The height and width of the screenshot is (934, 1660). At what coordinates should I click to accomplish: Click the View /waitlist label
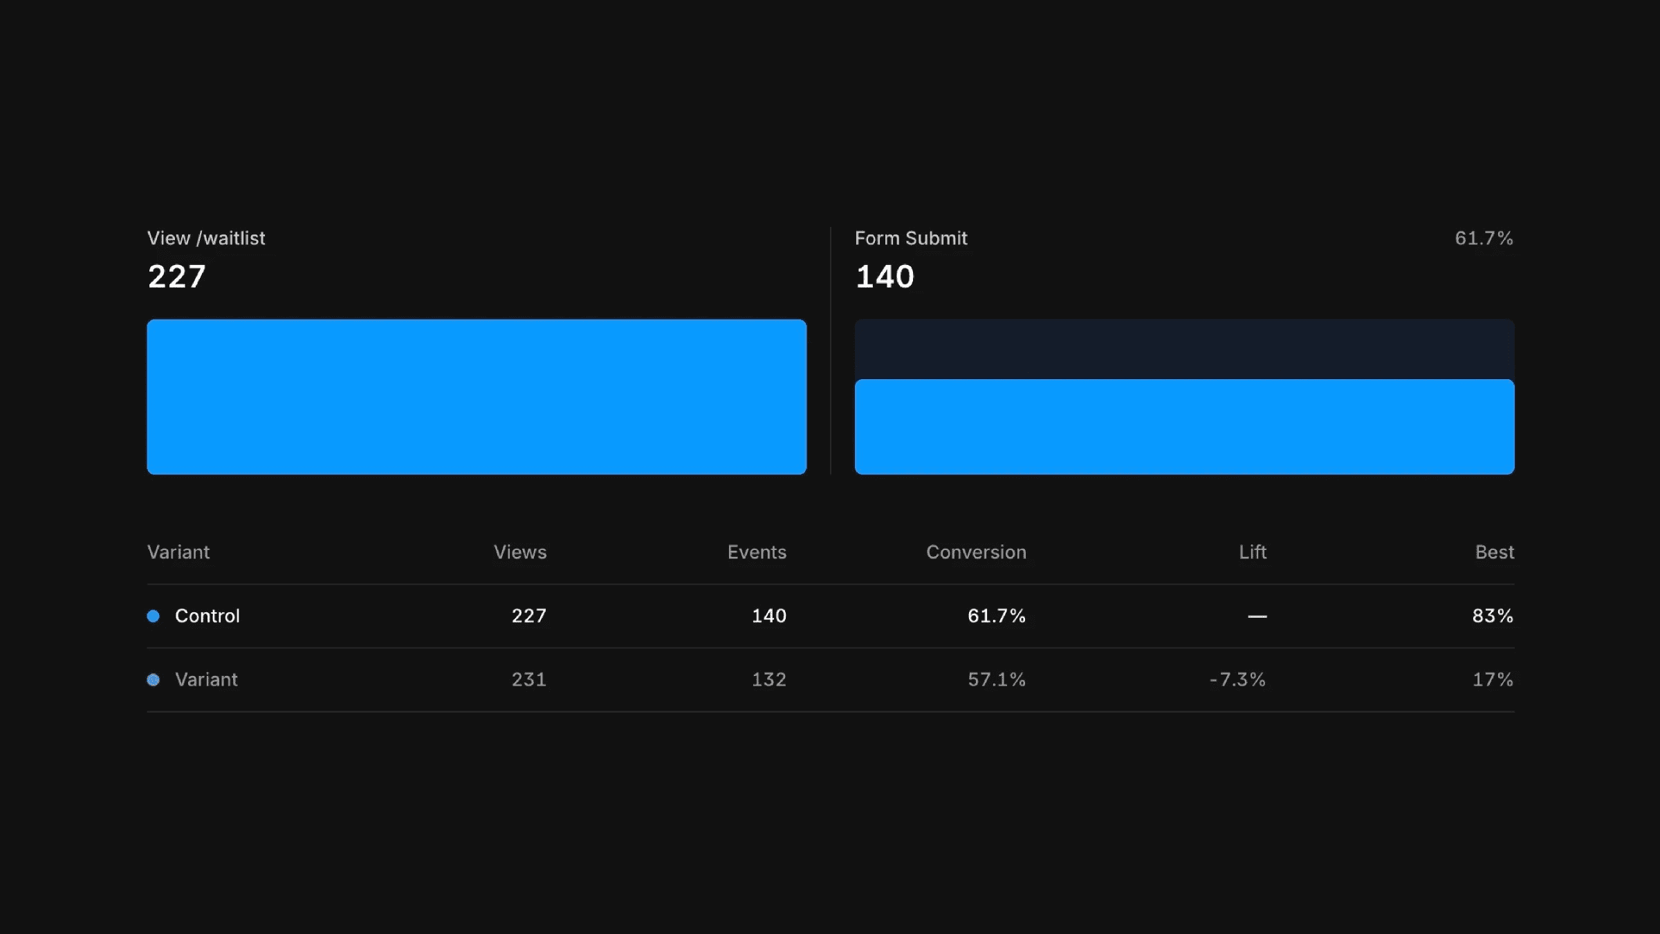(206, 238)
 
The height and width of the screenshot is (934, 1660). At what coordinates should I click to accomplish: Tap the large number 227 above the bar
(177, 277)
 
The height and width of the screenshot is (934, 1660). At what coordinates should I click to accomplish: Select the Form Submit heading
(911, 238)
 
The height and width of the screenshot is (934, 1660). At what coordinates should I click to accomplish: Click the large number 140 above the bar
(885, 277)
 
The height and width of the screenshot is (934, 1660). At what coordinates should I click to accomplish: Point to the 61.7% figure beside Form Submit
(1484, 238)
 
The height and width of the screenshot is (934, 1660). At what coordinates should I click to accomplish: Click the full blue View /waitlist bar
(477, 396)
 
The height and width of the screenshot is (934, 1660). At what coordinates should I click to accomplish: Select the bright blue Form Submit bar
(1184, 426)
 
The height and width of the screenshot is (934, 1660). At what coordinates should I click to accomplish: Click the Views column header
(520, 552)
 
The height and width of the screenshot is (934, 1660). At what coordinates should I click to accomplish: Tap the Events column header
(757, 552)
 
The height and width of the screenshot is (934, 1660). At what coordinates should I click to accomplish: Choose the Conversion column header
(976, 552)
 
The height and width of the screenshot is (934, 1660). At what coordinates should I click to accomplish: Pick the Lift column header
(1253, 552)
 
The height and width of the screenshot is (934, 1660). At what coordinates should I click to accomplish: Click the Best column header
(1495, 552)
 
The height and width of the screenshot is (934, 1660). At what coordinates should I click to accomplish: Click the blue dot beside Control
(154, 616)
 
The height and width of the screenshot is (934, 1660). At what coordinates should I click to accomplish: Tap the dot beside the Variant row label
(154, 679)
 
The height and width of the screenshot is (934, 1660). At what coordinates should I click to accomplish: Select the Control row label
(207, 616)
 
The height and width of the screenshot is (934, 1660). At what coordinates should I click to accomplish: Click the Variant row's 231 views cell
(529, 679)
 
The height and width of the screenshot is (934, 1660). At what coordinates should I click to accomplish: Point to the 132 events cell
(769, 679)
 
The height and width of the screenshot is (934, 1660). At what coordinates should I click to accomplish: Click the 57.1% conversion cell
(997, 679)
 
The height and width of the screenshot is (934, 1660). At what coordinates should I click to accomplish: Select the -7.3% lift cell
(1237, 679)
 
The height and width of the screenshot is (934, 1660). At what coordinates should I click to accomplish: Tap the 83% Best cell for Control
(1493, 616)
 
